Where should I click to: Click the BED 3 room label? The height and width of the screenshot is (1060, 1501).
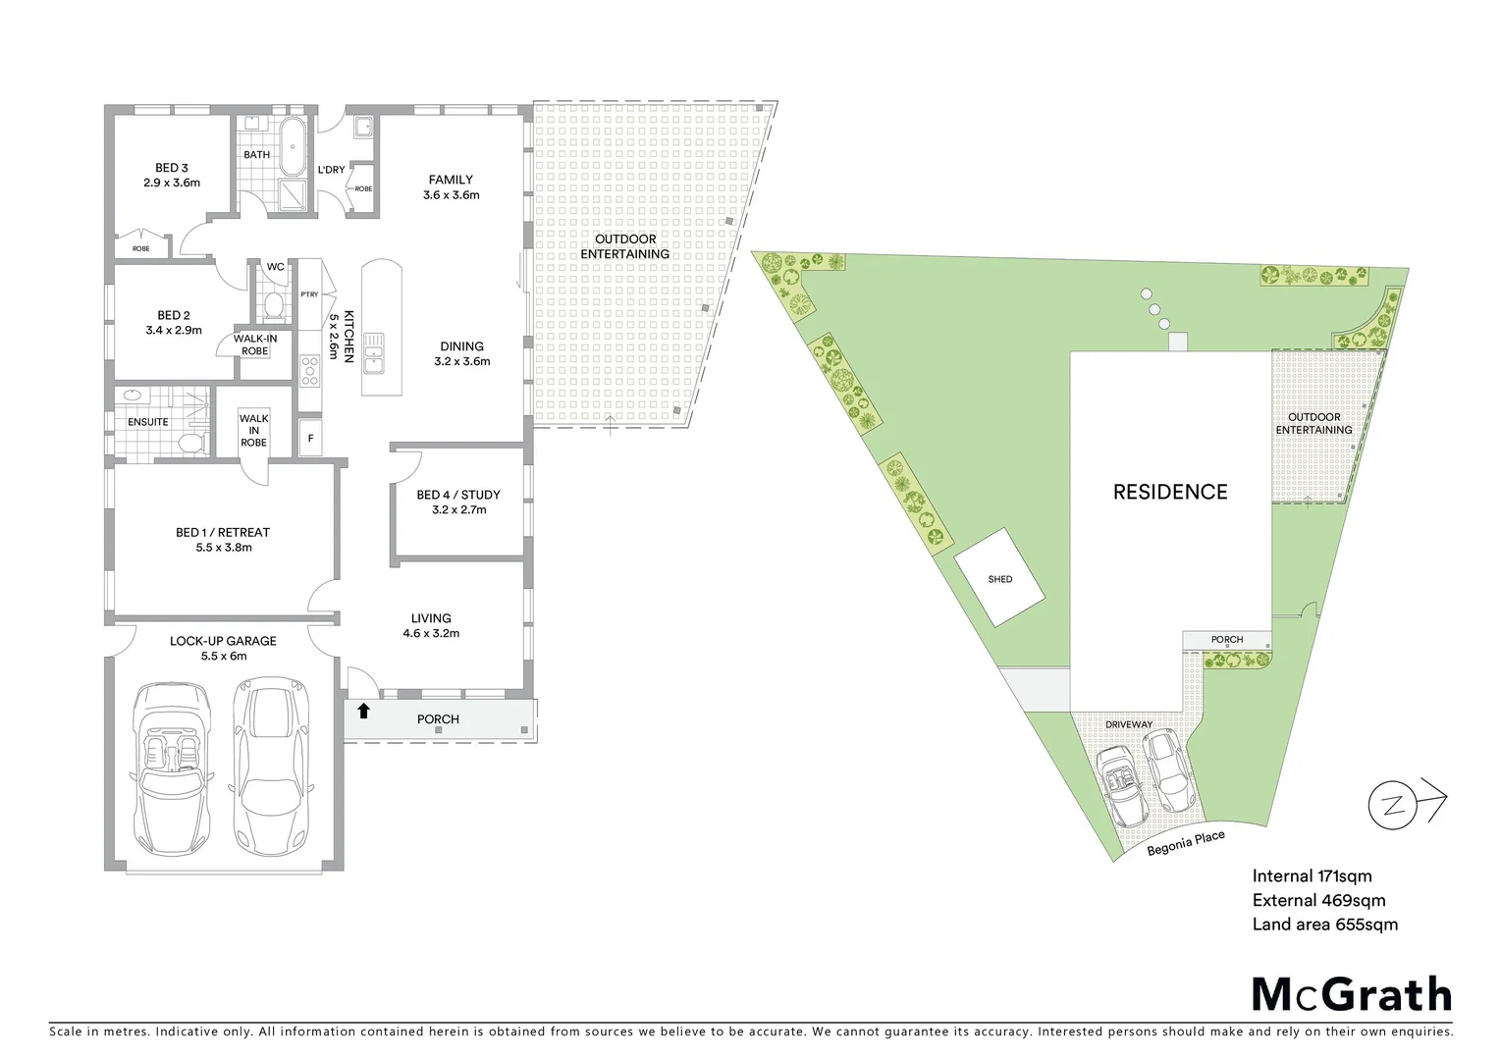point(172,168)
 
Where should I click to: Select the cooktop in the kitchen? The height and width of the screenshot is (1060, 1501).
point(310,370)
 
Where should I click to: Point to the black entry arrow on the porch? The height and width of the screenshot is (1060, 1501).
point(364,711)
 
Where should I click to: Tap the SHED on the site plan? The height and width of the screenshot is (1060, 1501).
point(999,578)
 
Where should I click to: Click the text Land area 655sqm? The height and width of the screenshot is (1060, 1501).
point(1324,924)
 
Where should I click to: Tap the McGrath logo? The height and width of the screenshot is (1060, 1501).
point(1351,994)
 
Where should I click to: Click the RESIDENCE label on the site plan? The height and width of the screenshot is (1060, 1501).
point(1169,492)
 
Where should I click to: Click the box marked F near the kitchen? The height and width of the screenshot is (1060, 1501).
point(311,438)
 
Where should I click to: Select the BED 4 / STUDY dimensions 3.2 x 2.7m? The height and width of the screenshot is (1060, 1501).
point(458,509)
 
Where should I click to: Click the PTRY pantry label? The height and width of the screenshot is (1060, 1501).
point(309,294)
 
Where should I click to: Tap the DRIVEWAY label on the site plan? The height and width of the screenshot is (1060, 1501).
point(1128,724)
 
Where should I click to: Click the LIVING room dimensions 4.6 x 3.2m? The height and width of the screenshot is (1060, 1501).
point(431,633)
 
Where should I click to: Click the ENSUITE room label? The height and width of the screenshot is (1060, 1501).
point(148,422)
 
